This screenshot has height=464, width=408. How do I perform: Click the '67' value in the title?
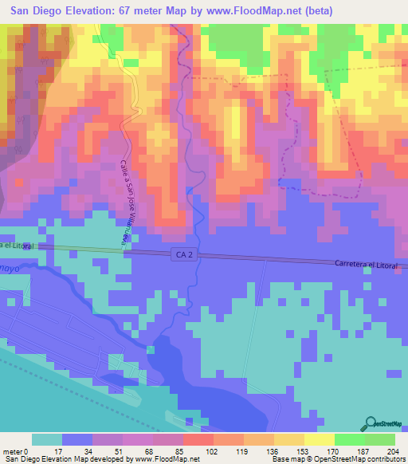(x=128, y=11)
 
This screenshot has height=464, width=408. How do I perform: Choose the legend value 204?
(x=394, y=450)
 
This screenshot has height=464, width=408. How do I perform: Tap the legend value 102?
(x=213, y=450)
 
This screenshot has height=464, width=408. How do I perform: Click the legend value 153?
(x=304, y=450)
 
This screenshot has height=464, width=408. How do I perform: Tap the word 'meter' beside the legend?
(x=14, y=450)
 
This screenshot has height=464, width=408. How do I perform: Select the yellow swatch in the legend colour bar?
(x=319, y=439)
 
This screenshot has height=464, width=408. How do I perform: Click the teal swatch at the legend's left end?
(x=46, y=439)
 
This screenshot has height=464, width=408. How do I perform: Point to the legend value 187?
(x=365, y=450)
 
